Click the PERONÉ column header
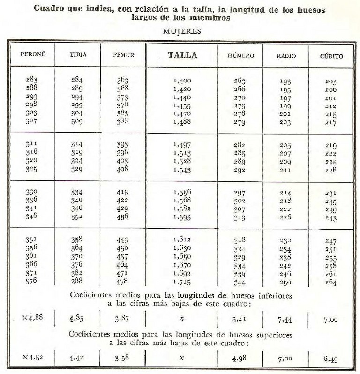[x=32, y=55]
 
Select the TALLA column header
[x=182, y=55]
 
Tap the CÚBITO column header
[x=331, y=56]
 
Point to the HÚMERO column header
[x=240, y=55]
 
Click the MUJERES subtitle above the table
[x=182, y=32]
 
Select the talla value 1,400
[x=182, y=81]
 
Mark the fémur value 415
[x=122, y=193]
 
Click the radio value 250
[x=285, y=282]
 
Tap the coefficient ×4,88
[x=32, y=318]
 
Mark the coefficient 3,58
[x=123, y=359]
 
